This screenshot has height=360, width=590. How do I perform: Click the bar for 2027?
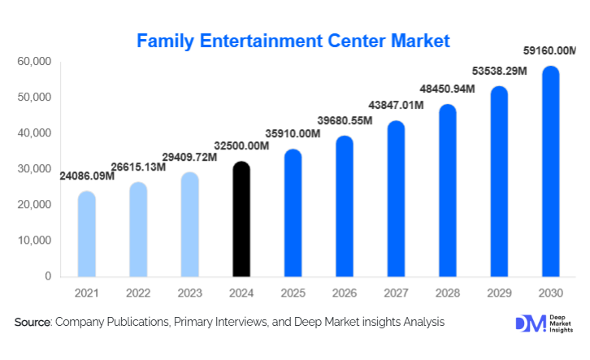pos(397,199)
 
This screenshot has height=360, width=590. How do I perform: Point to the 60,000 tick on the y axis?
pos(34,62)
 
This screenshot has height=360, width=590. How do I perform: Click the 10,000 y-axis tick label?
pos(34,241)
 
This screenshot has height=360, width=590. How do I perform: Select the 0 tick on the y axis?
pos(47,276)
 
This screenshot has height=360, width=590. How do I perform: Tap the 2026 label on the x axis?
pos(345,292)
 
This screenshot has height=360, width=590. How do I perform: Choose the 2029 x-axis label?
pos(500,292)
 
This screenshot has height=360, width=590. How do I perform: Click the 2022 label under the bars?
pos(137,292)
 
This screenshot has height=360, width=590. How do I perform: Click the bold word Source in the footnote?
pos(32,323)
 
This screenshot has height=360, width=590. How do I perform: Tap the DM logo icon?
pos(527,323)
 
